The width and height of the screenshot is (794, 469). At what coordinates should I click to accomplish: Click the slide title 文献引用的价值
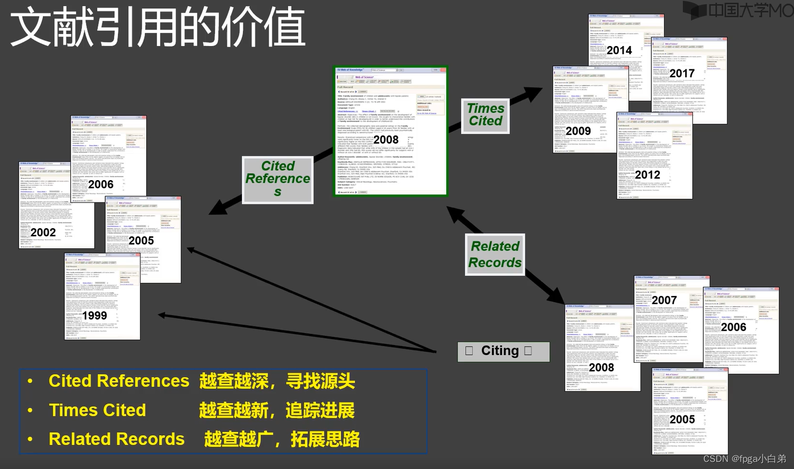pos(157,28)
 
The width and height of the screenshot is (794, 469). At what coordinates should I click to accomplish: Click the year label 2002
pos(43,232)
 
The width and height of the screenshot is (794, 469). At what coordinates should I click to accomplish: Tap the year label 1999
pos(95,316)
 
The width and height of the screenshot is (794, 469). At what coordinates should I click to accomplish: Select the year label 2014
pos(619,51)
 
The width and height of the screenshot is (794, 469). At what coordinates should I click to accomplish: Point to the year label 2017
pos(682,74)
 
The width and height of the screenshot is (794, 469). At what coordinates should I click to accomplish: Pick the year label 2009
pos(578,131)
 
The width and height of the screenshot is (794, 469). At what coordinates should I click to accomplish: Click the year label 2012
pos(648,175)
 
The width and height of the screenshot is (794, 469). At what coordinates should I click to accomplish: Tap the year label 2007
pos(664,301)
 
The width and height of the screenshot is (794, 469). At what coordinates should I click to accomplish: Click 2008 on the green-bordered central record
pos(386,140)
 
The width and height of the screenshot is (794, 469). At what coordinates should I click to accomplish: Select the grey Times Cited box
pos(485,115)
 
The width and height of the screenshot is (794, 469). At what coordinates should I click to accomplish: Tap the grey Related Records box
pos(495,254)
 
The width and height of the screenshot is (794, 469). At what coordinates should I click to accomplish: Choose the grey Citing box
pos(503,351)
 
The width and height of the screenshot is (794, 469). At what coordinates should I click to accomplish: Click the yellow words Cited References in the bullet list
pos(119,381)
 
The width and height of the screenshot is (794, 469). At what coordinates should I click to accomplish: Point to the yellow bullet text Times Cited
pos(97,410)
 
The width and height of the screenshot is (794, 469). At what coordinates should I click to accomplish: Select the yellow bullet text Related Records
pos(116,439)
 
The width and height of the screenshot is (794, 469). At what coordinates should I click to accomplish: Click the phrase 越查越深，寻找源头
pos(277,381)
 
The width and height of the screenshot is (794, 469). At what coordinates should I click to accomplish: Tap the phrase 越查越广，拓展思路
pos(282,439)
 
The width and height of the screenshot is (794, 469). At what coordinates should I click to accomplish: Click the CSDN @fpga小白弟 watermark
pos(744,458)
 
